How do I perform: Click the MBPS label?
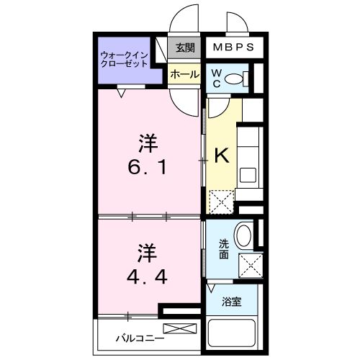tap(233, 48)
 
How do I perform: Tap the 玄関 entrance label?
tap(185, 48)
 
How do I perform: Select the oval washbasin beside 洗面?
tap(244, 235)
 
